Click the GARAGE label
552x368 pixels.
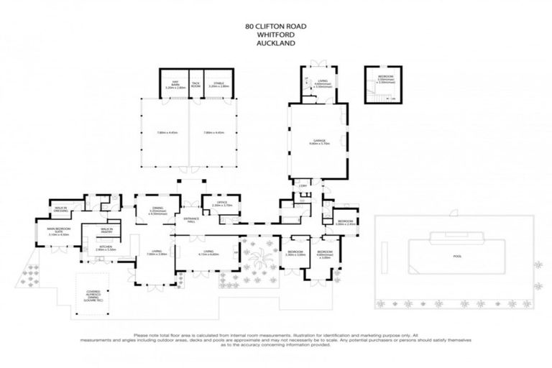(318, 142)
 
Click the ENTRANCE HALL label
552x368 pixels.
(191, 218)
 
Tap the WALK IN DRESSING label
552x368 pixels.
(61, 210)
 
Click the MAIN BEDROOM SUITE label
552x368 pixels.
(57, 232)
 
